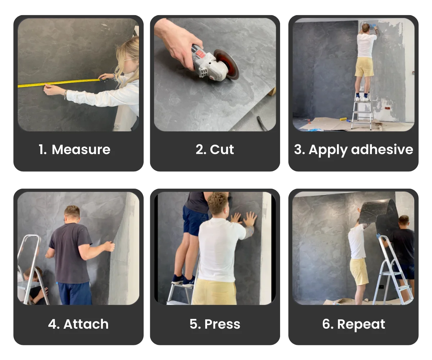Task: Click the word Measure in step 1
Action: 81,150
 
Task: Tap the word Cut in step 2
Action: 222,150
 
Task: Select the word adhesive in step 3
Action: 382,150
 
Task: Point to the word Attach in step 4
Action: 86,324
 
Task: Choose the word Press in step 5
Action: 222,324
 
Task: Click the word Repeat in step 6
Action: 361,324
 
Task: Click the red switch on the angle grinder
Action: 199,54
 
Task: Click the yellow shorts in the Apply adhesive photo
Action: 364,67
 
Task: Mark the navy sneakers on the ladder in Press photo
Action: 183,279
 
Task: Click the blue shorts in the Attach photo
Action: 75,293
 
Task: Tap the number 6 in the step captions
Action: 327,324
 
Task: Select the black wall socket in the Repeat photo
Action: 381,287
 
